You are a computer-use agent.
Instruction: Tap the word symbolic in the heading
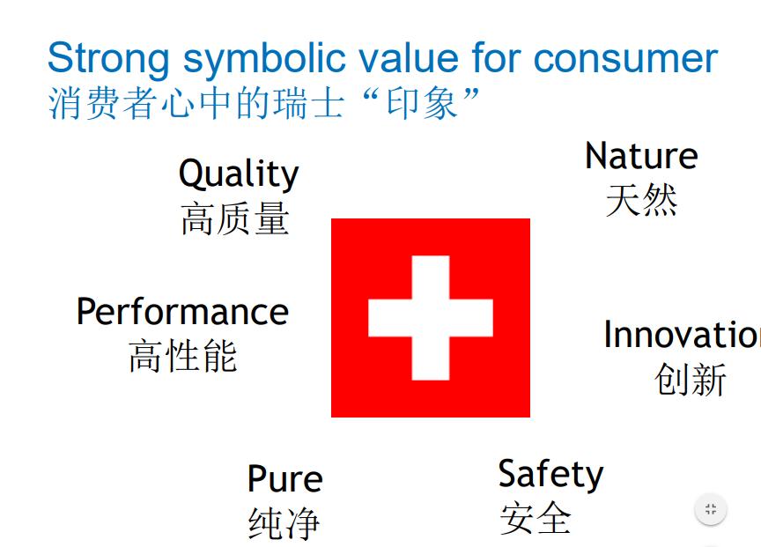(x=264, y=60)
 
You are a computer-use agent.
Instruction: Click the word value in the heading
(x=410, y=58)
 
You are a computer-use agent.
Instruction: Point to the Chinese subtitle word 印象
(x=422, y=103)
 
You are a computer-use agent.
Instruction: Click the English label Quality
(x=239, y=174)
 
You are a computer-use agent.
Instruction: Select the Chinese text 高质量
(x=235, y=218)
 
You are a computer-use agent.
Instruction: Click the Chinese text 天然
(x=641, y=199)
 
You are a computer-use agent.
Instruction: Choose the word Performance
(x=182, y=311)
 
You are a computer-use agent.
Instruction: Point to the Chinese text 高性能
(x=183, y=356)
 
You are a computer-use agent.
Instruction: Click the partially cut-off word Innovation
(x=683, y=335)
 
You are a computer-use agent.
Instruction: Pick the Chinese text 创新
(x=690, y=379)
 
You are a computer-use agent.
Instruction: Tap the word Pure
(x=284, y=478)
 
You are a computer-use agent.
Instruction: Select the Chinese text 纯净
(x=284, y=522)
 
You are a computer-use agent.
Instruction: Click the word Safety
(x=550, y=474)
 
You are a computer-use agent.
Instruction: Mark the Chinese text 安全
(x=536, y=518)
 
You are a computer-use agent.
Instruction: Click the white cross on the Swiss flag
(x=431, y=318)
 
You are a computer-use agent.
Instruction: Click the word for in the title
(x=497, y=58)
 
